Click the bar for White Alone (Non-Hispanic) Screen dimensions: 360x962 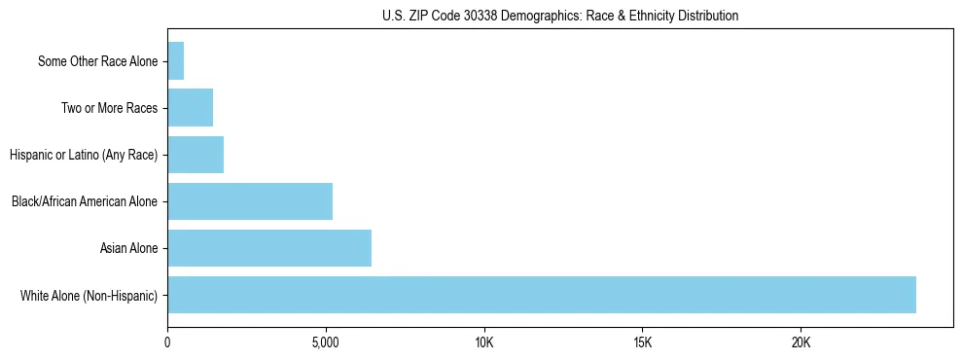541,295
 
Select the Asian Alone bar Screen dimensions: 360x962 269,248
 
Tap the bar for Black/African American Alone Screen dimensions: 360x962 250,201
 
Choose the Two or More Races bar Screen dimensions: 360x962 190,108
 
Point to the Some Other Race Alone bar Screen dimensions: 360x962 176,61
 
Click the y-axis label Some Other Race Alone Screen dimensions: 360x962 97,61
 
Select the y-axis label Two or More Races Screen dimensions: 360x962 109,108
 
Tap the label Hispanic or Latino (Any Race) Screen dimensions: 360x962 84,155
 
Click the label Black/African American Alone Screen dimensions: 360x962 85,201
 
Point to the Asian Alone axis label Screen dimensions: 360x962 128,248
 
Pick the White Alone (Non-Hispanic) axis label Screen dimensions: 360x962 89,295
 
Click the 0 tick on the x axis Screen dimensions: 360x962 167,343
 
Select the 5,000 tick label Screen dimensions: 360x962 326,343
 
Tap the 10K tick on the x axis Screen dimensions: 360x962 484,343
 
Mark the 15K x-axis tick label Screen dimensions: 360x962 642,343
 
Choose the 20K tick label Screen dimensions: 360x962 801,343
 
